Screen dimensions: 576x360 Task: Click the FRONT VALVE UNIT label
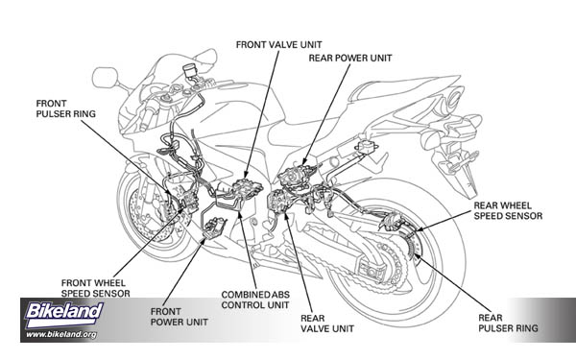pyautogui.click(x=278, y=45)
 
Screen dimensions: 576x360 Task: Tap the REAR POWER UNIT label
pyautogui.click(x=350, y=58)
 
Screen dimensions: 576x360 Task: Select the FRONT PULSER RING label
pyautogui.click(x=65, y=108)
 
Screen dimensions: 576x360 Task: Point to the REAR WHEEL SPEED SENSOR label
pyautogui.click(x=508, y=211)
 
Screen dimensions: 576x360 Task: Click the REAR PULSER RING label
pyautogui.click(x=508, y=323)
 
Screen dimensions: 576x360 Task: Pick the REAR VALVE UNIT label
pyautogui.click(x=327, y=324)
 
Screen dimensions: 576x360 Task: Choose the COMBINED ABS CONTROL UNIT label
pyautogui.click(x=255, y=300)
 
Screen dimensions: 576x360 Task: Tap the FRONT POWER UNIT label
pyautogui.click(x=179, y=317)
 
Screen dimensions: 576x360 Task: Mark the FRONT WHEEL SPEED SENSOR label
pyautogui.click(x=95, y=288)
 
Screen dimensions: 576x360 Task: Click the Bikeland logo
pyautogui.click(x=63, y=313)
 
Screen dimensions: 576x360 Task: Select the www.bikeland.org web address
pyautogui.click(x=61, y=334)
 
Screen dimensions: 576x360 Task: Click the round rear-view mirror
pyautogui.click(x=105, y=78)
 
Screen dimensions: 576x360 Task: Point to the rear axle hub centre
pyautogui.click(x=372, y=273)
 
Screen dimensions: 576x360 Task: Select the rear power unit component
pyautogui.click(x=297, y=176)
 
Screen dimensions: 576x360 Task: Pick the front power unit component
pyautogui.click(x=214, y=228)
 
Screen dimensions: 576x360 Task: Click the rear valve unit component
pyautogui.click(x=278, y=201)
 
